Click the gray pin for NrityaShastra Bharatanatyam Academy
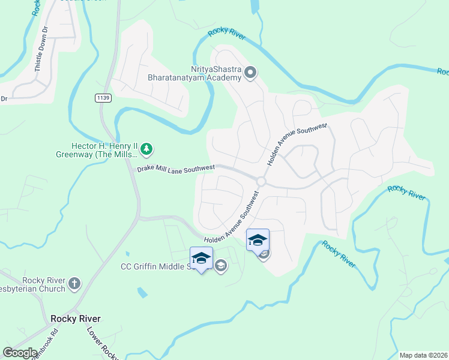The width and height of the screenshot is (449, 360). pyautogui.click(x=251, y=73)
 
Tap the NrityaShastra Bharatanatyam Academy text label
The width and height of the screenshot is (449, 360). pyautogui.click(x=195, y=73)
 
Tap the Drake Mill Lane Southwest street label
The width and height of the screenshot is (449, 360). pyautogui.click(x=175, y=170)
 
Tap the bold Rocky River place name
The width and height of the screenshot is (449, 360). pyautogui.click(x=75, y=319)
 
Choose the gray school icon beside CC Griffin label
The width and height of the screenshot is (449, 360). pyautogui.click(x=221, y=266)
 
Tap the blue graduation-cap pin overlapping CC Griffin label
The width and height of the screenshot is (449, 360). pyautogui.click(x=201, y=259)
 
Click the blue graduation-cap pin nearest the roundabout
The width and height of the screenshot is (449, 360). pyautogui.click(x=258, y=241)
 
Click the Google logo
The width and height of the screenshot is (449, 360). pyautogui.click(x=20, y=353)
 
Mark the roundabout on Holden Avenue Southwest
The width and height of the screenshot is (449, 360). pyautogui.click(x=261, y=181)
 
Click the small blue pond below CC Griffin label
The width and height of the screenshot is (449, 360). pyautogui.click(x=142, y=293)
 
